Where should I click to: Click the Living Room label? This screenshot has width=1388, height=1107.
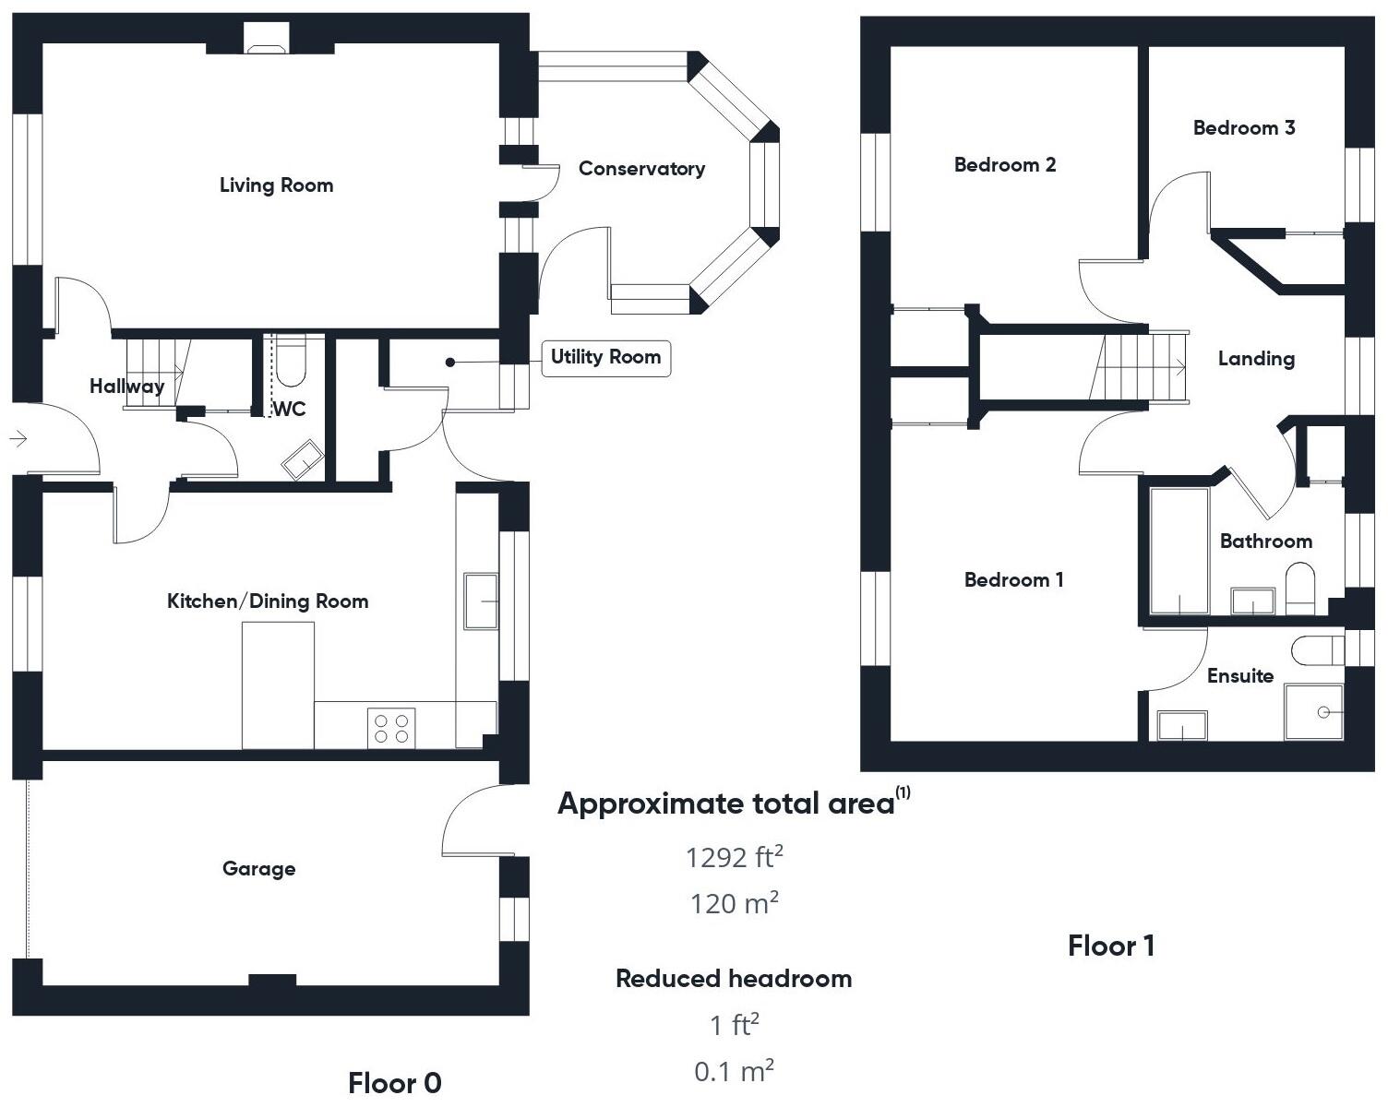click(x=276, y=185)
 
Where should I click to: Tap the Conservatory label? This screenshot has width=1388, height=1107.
click(x=641, y=169)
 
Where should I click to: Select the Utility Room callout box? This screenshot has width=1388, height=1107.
click(x=605, y=357)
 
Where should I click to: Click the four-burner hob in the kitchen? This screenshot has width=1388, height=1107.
click(x=391, y=725)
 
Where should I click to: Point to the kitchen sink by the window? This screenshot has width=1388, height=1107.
click(x=481, y=601)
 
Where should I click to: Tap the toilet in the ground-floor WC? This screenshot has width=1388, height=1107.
click(x=291, y=365)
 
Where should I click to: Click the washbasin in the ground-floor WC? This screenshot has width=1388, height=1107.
click(x=303, y=460)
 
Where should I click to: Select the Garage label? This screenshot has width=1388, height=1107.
click(x=259, y=868)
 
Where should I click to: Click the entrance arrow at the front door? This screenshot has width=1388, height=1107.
click(x=18, y=439)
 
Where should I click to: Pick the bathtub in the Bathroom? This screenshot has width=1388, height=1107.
click(x=1179, y=550)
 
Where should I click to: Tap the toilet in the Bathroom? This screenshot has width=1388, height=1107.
click(x=1299, y=588)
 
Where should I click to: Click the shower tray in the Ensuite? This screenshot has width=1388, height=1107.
click(x=1314, y=711)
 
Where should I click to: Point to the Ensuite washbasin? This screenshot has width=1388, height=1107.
click(x=1181, y=725)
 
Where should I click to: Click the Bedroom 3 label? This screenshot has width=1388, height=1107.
click(x=1243, y=128)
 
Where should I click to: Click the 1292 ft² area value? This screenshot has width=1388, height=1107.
click(x=734, y=857)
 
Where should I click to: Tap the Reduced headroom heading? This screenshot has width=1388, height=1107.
click(x=734, y=979)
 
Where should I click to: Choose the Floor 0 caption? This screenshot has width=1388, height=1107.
click(x=395, y=1082)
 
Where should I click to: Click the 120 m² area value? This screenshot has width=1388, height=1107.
click(x=734, y=902)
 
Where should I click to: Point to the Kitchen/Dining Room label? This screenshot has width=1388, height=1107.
click(x=268, y=601)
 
